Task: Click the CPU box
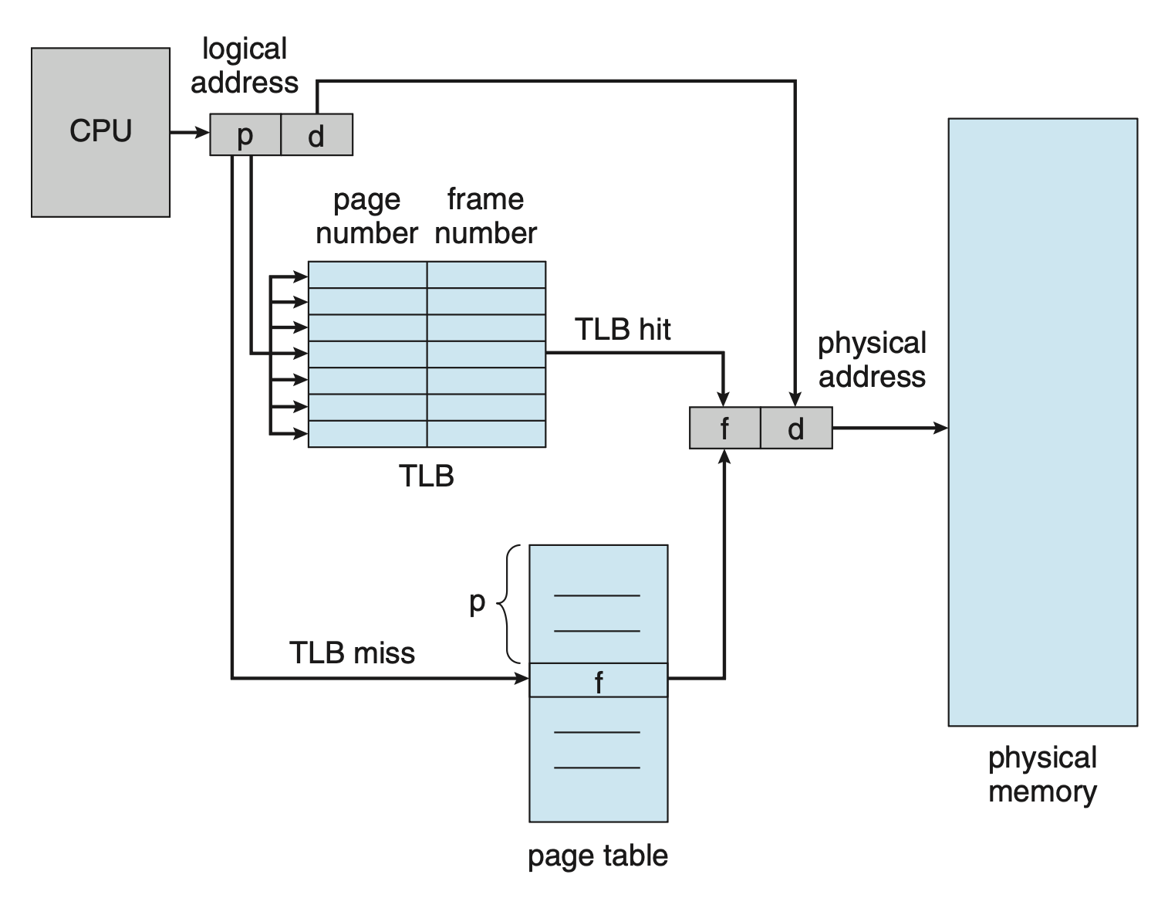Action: [x=100, y=132]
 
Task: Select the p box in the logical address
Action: [x=245, y=135]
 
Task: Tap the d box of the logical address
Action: [x=316, y=135]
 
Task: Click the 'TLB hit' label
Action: [x=623, y=330]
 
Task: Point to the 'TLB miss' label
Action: [x=352, y=653]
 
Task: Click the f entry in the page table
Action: [x=599, y=680]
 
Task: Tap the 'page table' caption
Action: [x=598, y=856]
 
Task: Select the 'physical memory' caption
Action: [x=1042, y=775]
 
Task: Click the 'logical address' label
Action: [x=245, y=66]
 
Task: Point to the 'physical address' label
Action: [x=872, y=360]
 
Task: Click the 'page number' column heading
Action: [x=367, y=216]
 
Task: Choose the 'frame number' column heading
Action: [x=486, y=216]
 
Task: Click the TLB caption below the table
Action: [x=427, y=476]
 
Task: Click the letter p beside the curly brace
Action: [x=478, y=602]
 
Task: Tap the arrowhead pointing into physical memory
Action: [x=941, y=428]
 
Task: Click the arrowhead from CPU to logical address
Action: [x=203, y=134]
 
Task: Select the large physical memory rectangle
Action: [x=1042, y=422]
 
